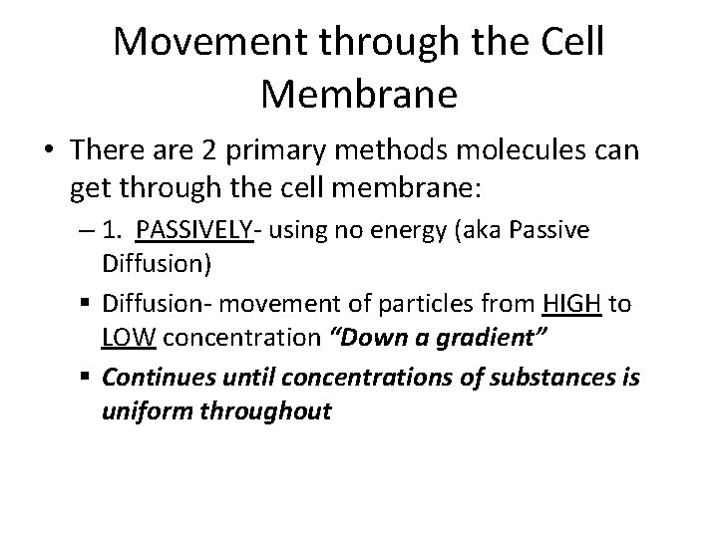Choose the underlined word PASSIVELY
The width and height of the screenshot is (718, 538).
pos(193,232)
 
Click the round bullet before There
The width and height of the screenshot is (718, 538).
pos(47,150)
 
